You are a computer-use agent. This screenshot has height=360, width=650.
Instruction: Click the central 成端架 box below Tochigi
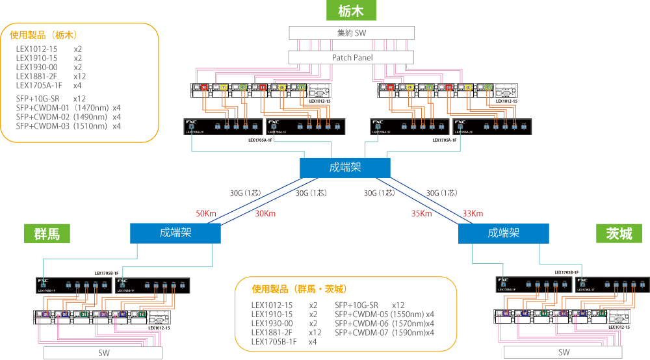pos(345,168)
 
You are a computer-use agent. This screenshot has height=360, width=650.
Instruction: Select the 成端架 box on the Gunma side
pos(175,233)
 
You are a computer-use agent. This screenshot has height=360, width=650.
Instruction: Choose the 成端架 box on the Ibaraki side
pos(503,233)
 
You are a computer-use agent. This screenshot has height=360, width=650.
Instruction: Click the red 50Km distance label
pos(206,214)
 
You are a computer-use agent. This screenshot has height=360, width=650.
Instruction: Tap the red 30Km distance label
pos(265,214)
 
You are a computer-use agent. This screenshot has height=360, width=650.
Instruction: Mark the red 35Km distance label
pos(421,214)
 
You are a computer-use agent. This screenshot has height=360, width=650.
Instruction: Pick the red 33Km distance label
pos(473,214)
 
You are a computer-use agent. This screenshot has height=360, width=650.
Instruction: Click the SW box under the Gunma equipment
pos(103,352)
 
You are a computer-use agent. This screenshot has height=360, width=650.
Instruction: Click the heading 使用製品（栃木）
pos(47,35)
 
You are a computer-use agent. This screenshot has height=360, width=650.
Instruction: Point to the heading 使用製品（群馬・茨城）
pos(299,289)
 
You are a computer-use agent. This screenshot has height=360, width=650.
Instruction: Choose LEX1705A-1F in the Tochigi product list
pos(40,85)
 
